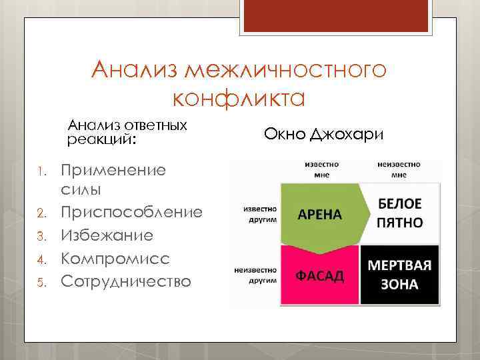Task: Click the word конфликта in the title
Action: [238, 98]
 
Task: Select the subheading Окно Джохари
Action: [323, 135]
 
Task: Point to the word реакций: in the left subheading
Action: [101, 140]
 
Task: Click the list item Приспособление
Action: [132, 213]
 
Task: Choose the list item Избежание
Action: [107, 235]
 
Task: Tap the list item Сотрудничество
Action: [126, 281]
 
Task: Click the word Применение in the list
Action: [113, 169]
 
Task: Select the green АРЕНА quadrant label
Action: [319, 215]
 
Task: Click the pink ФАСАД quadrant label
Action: [319, 275]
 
